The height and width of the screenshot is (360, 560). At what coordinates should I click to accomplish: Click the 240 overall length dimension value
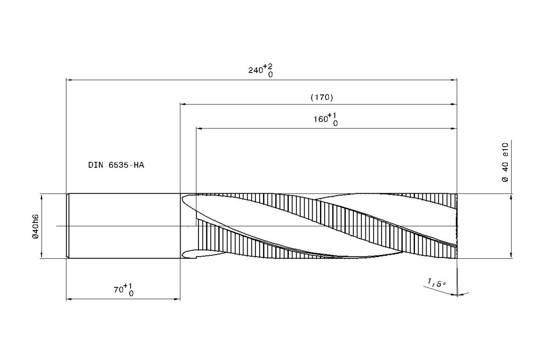click(x=255, y=71)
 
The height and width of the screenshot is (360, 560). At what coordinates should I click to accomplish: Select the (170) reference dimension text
click(x=322, y=97)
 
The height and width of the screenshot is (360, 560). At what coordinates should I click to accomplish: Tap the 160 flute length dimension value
click(x=321, y=119)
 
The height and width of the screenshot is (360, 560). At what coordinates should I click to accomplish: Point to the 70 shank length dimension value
click(x=119, y=289)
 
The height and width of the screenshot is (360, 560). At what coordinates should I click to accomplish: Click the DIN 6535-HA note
click(x=116, y=165)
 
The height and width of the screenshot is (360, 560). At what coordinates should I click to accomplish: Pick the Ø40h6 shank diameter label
click(x=36, y=226)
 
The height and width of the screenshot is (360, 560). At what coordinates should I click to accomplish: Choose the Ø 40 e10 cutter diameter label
click(x=505, y=162)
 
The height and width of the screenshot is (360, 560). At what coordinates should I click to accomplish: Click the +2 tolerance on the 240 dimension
click(x=267, y=67)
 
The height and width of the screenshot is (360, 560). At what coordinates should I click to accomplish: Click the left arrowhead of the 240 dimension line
click(x=69, y=80)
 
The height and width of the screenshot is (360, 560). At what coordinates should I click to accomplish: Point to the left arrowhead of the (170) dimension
click(x=183, y=104)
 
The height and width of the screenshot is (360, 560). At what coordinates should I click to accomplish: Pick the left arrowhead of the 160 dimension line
click(x=199, y=128)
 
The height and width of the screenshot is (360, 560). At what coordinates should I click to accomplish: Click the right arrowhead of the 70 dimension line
click(x=177, y=299)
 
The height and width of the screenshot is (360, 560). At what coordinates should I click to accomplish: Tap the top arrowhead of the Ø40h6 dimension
click(x=41, y=197)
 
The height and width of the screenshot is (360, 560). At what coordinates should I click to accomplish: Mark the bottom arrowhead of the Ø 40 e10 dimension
click(x=511, y=255)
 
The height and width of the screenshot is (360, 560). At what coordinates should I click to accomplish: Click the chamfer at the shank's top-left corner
click(x=68, y=195)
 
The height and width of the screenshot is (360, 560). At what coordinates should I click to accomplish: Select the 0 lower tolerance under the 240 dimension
click(x=270, y=75)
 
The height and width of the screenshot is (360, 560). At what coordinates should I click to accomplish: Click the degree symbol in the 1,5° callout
click(x=444, y=283)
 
